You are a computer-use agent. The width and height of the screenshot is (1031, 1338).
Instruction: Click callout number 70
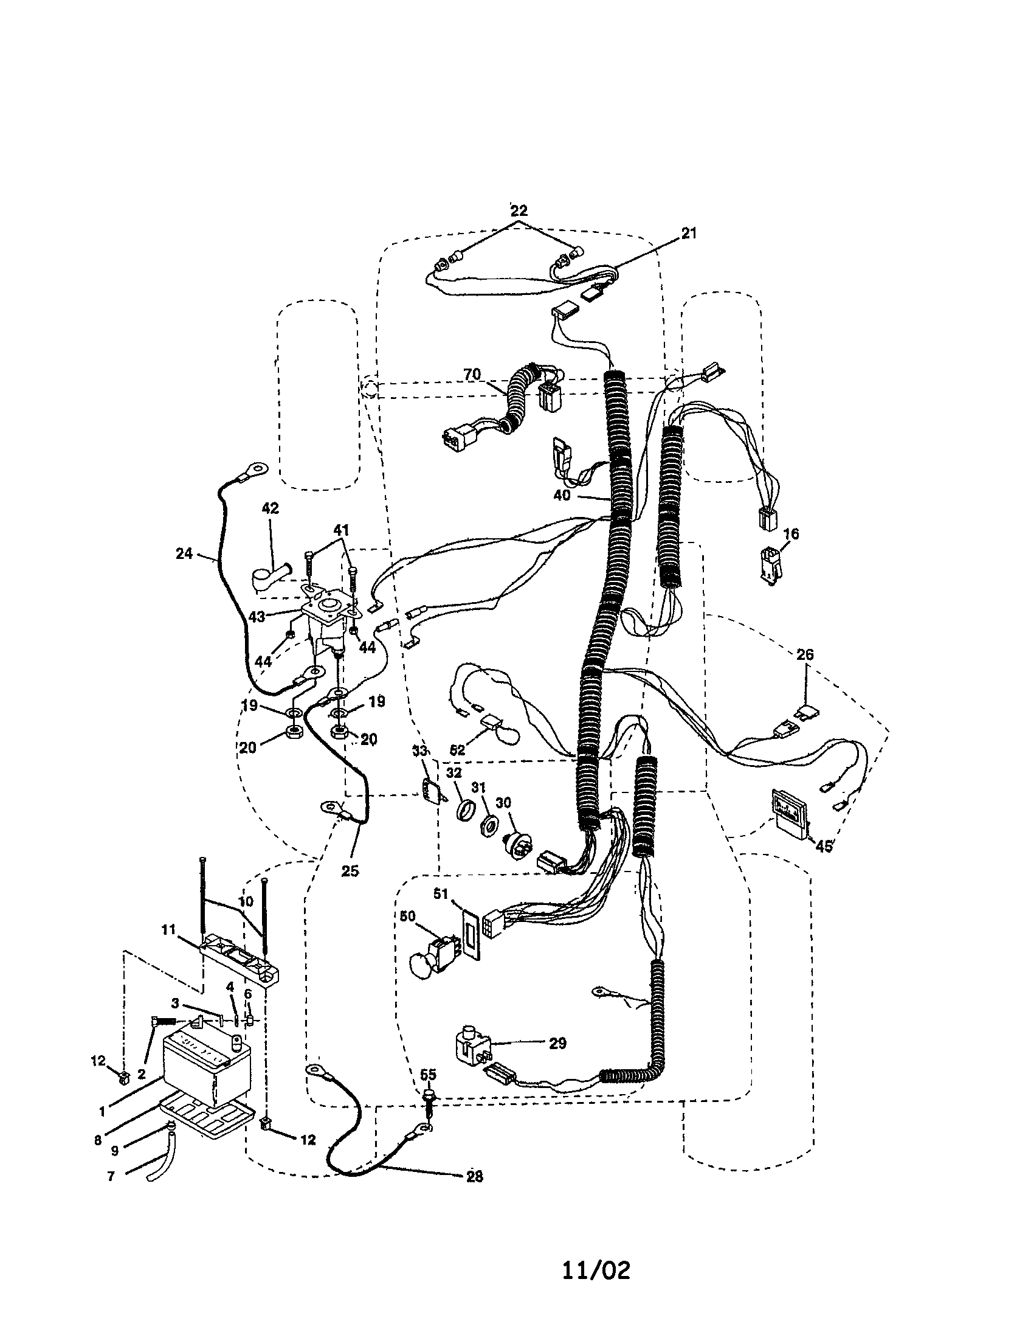pos(471,374)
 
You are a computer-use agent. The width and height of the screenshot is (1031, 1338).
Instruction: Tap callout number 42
pos(270,508)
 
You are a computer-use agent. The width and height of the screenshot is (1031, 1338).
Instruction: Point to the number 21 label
pos(689,234)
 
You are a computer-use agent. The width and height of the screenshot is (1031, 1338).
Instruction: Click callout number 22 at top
pos(519,211)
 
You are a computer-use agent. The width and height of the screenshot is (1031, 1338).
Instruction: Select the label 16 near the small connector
pos(791,533)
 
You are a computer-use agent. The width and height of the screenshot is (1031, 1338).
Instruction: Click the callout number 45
pos(824,847)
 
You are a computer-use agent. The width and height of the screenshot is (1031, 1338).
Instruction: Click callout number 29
pos(557,1043)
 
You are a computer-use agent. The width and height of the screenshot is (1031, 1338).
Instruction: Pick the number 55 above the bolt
pos(429,1074)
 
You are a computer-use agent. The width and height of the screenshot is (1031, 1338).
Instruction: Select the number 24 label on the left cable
pos(184,554)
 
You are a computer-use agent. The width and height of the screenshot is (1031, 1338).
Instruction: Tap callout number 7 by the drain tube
pos(111,1177)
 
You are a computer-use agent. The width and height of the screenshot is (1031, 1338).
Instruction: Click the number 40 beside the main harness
pos(562,495)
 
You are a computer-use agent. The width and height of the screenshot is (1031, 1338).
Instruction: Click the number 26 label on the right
pos(805,654)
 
